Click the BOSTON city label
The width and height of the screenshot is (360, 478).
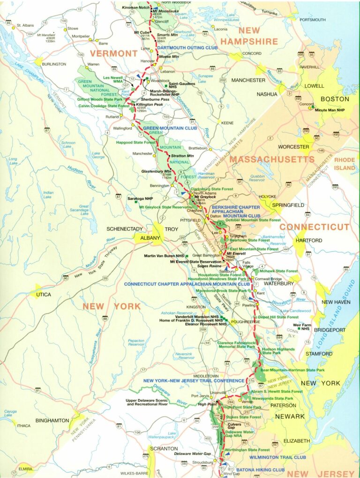(335, 99)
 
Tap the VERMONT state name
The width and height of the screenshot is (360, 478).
(113, 53)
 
